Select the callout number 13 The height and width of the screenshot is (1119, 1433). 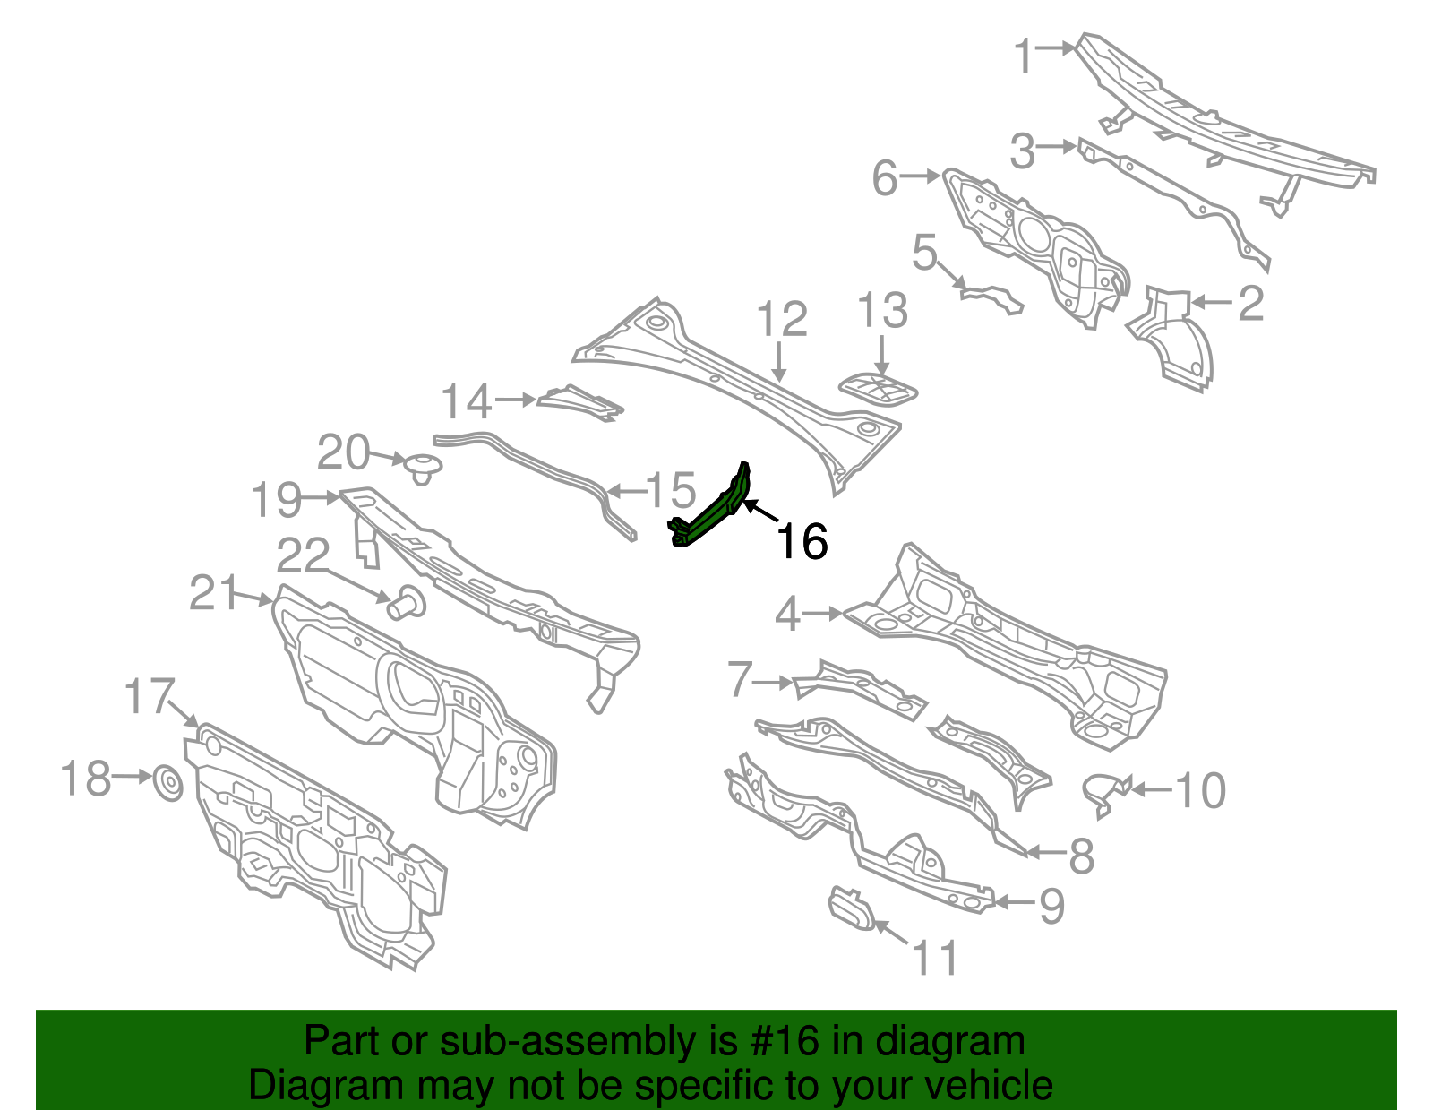(x=882, y=311)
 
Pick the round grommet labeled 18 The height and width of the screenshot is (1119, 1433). (x=168, y=782)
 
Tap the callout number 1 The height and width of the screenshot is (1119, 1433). (x=1025, y=56)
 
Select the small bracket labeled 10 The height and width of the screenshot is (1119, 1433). (x=1104, y=791)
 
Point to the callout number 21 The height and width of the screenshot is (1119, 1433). (x=214, y=593)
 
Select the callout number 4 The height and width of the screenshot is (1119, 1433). (x=787, y=615)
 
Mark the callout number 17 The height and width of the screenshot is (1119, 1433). (x=149, y=696)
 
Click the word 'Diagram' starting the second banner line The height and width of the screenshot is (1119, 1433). (x=299, y=1085)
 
